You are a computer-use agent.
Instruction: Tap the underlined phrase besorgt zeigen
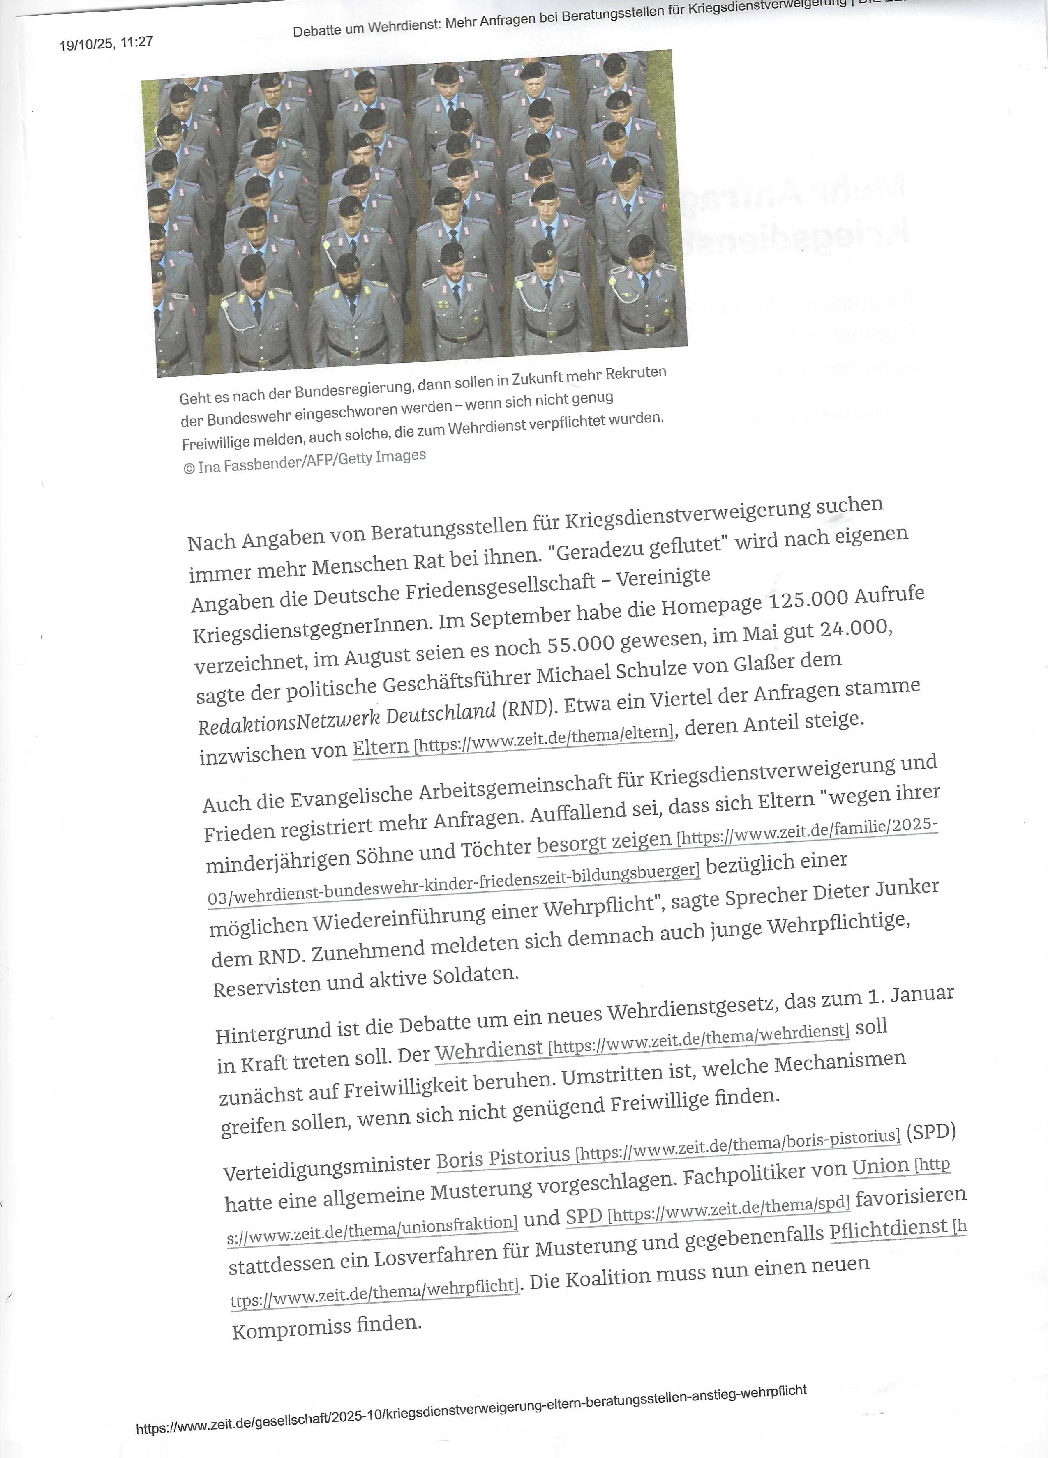tap(604, 843)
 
